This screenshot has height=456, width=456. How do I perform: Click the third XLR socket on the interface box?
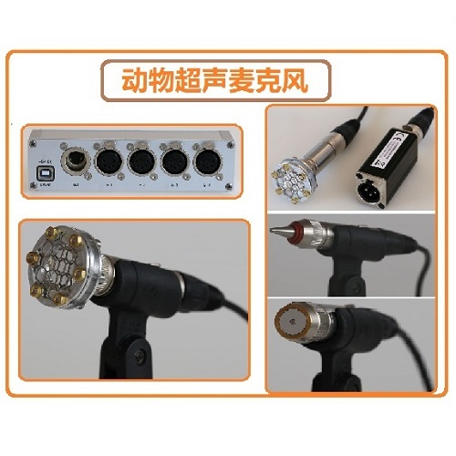(x=171, y=165)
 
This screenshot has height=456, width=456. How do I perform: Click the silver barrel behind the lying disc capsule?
(x=325, y=146)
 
